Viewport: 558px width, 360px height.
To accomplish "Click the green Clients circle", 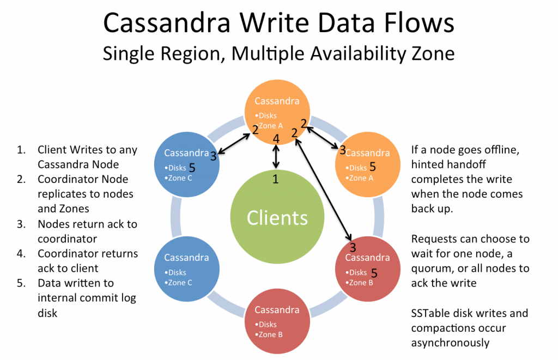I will point(277,217).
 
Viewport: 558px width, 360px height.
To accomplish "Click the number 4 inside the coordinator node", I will point(276,139).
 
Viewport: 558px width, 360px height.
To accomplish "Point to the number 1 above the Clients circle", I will point(276,179).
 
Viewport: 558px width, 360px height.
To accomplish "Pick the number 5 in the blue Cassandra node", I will point(192,167).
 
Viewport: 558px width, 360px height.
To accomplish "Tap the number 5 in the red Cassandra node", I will point(374,272).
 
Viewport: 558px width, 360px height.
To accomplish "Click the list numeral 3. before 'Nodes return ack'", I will point(21,224).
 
